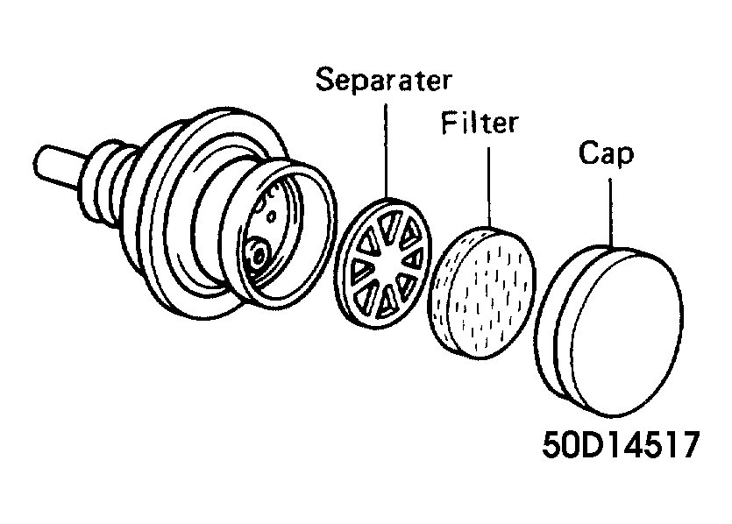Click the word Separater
[x=384, y=80]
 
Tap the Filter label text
[x=480, y=123]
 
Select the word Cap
[x=606, y=153]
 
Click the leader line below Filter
[x=489, y=188]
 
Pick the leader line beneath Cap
[x=610, y=212]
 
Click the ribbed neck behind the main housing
[x=109, y=184]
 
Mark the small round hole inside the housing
[x=270, y=216]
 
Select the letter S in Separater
[x=325, y=80]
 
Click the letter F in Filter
[x=449, y=123]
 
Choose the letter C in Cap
[x=589, y=152]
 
